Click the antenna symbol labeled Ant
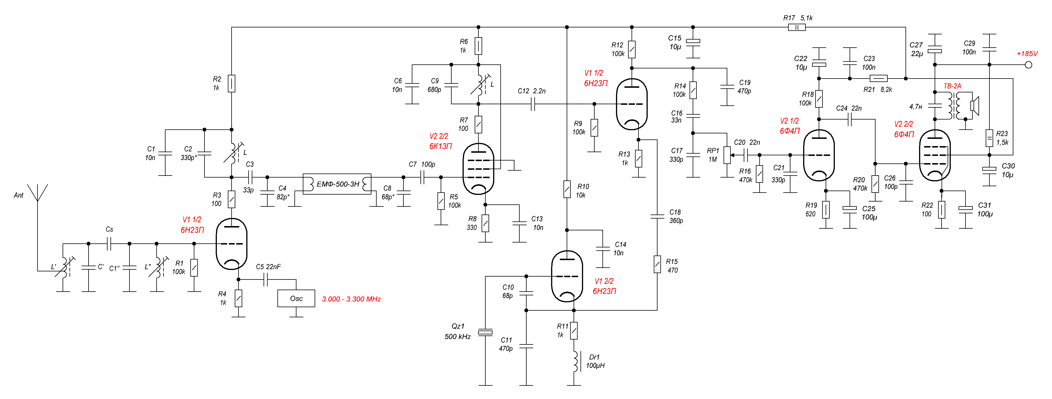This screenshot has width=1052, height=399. [x=37, y=193]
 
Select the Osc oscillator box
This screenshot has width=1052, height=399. [x=296, y=299]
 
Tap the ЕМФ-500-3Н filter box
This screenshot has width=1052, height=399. [x=337, y=184]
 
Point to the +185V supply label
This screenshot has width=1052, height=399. [x=1027, y=53]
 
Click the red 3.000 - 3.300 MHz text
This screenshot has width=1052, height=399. [x=351, y=299]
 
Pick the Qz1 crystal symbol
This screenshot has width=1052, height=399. [x=485, y=332]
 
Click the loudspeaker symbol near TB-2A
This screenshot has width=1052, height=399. [x=974, y=105]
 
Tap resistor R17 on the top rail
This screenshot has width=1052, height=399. [x=796, y=27]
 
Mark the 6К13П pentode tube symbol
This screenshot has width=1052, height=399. [x=478, y=168]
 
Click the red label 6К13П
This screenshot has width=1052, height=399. [x=440, y=146]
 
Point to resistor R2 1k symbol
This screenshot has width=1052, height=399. [x=232, y=83]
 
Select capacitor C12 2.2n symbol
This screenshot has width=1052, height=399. [x=533, y=104]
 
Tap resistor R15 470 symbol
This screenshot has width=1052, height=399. [x=657, y=264]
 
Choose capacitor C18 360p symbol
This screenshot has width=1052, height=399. [x=657, y=216]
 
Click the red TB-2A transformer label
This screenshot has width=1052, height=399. [x=952, y=86]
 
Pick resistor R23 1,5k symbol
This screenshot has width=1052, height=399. [x=989, y=138]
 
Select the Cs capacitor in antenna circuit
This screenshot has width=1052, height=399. [x=109, y=244]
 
